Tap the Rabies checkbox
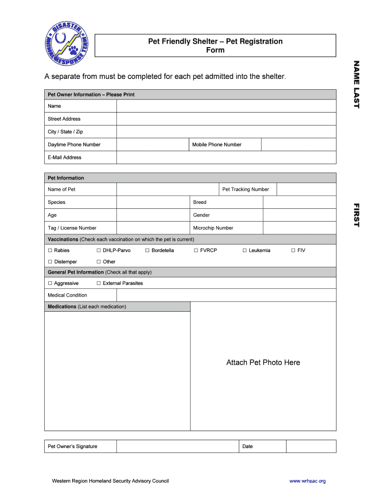point(50,251)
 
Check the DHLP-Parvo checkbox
point(99,251)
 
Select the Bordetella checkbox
point(147,251)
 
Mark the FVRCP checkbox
point(196,251)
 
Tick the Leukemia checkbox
point(244,251)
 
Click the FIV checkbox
point(293,251)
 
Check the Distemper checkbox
point(50,262)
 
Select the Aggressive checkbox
point(50,283)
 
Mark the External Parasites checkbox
point(99,283)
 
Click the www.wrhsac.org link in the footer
point(307,481)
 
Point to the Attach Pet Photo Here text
point(263,363)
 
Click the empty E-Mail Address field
point(226,157)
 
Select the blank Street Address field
point(226,119)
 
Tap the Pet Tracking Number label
point(245,189)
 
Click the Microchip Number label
point(213,228)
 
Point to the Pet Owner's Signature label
point(72,447)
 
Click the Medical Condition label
point(67,295)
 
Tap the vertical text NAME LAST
point(357,84)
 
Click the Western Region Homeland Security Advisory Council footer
point(110,481)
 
